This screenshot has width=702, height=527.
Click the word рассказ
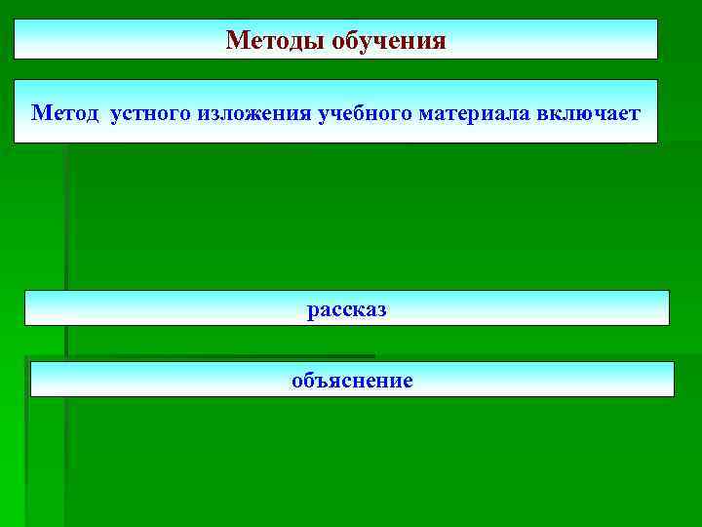coord(347,310)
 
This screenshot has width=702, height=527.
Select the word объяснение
coord(352,381)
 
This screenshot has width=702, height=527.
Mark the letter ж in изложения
coord(255,114)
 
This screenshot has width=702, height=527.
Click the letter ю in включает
coord(587,114)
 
